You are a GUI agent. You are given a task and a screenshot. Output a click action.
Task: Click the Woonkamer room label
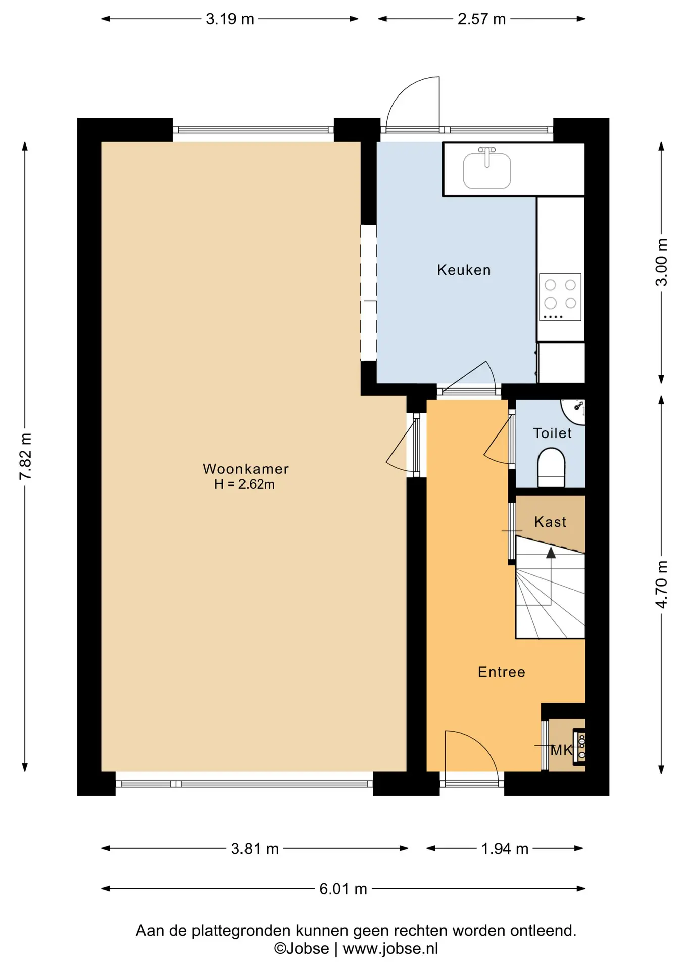pyautogui.click(x=246, y=469)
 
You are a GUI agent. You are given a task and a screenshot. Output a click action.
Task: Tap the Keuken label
pyautogui.click(x=464, y=270)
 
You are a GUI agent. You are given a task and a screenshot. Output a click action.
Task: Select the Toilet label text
pyautogui.click(x=552, y=433)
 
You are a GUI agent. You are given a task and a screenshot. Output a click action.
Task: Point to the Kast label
pyautogui.click(x=550, y=522)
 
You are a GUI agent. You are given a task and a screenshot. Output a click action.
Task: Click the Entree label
pyautogui.click(x=502, y=672)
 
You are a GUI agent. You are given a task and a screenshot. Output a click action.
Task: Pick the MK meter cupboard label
pyautogui.click(x=561, y=750)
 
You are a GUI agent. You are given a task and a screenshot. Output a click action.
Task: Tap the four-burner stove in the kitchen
pyautogui.click(x=560, y=297)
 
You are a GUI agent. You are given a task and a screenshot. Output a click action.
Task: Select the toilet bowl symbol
pyautogui.click(x=551, y=468)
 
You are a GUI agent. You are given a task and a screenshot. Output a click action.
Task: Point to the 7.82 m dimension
pyautogui.click(x=25, y=457)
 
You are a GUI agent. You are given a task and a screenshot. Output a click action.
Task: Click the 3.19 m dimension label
pyautogui.click(x=229, y=19)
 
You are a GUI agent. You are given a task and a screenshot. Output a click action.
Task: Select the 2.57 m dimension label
pyautogui.click(x=481, y=19)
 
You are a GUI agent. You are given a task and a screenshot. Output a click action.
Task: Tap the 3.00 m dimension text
pyautogui.click(x=661, y=262)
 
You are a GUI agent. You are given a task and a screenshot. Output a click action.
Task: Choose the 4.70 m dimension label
pyautogui.click(x=661, y=584)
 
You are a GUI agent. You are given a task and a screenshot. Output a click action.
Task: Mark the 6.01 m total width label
pyautogui.click(x=343, y=889)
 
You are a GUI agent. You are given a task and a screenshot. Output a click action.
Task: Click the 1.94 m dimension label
pyautogui.click(x=505, y=849)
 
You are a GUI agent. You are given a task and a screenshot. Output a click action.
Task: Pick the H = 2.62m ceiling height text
pyautogui.click(x=244, y=484)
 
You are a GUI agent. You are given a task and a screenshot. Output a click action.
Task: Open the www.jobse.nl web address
pyautogui.click(x=390, y=949)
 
